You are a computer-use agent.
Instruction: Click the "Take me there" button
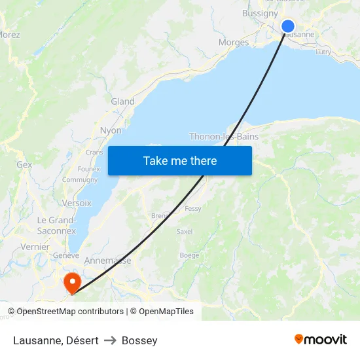click(x=180, y=160)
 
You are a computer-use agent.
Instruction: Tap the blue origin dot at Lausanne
click(x=288, y=26)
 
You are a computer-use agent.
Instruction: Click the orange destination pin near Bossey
click(x=71, y=283)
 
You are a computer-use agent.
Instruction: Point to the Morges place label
click(x=234, y=43)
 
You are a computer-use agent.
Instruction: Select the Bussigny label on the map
click(x=260, y=13)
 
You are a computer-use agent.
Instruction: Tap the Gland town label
click(x=122, y=101)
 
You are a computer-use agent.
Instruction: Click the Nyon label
click(x=111, y=130)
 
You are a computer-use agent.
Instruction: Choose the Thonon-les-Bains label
click(x=224, y=137)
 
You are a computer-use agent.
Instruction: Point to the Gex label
click(x=24, y=165)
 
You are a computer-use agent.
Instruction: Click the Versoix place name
click(x=77, y=203)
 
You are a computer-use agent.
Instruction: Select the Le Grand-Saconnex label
click(x=56, y=225)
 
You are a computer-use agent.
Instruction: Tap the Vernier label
click(x=35, y=247)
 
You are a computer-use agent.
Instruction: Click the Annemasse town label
click(x=108, y=261)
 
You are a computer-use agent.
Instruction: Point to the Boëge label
click(x=189, y=255)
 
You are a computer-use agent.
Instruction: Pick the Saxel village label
click(x=185, y=231)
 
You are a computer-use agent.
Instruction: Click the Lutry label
click(x=323, y=52)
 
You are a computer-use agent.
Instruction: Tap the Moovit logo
click(x=321, y=340)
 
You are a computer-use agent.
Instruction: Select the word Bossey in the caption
click(x=139, y=340)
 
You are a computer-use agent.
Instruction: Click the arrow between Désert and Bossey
click(x=110, y=340)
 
